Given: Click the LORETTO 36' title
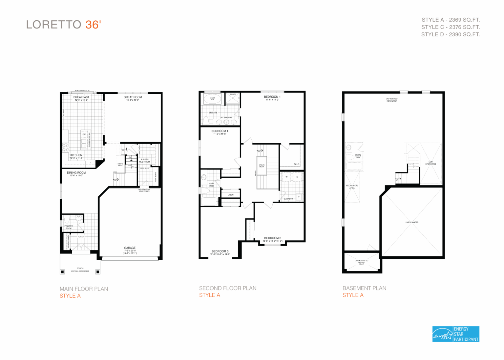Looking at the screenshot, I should click(64, 25).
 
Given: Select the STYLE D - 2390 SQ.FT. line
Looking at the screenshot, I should click(450, 34).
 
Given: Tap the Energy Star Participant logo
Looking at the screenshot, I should click(456, 334).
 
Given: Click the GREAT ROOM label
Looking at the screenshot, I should click(133, 97).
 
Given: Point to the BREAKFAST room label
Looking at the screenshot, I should click(81, 97).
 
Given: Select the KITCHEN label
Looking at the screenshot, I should click(76, 155).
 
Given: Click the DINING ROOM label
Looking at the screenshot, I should click(76, 173).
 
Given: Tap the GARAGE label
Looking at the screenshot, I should click(130, 248).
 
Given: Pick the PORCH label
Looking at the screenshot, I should click(80, 269).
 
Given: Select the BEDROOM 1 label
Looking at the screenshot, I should click(272, 97).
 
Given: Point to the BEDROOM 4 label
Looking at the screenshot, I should click(220, 131).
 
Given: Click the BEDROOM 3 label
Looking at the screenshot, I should click(220, 251).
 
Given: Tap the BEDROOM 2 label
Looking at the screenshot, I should click(272, 238).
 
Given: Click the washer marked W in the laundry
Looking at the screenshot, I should click(286, 177).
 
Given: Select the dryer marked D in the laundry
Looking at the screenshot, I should click(297, 177).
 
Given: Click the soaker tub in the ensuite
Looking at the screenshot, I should click(212, 99).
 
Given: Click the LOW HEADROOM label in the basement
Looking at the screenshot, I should click(430, 163).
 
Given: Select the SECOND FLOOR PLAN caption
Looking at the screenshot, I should click(228, 288).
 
